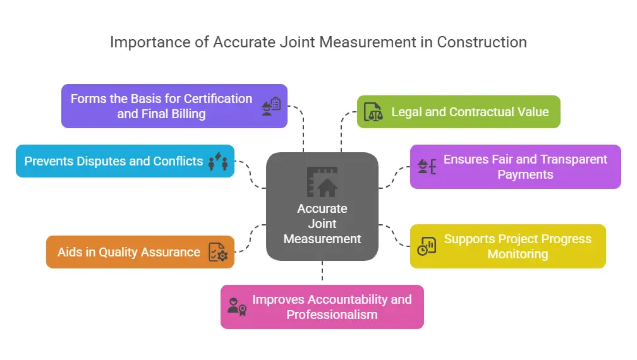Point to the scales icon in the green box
(x=373, y=112)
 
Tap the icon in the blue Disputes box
(x=218, y=161)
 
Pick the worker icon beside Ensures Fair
(x=427, y=167)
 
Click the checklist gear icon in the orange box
(x=218, y=252)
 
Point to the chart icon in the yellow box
(x=427, y=246)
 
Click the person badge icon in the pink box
(x=236, y=307)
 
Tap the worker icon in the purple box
(x=271, y=105)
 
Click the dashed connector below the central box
(x=322, y=272)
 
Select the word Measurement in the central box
(x=322, y=239)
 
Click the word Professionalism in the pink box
(x=332, y=315)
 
